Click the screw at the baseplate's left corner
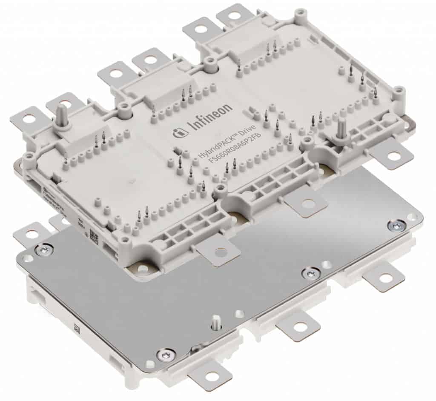pos(44,249)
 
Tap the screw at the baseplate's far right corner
pos(397,225)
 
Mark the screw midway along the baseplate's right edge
pos(311,273)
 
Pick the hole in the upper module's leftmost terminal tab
pos(29,119)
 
